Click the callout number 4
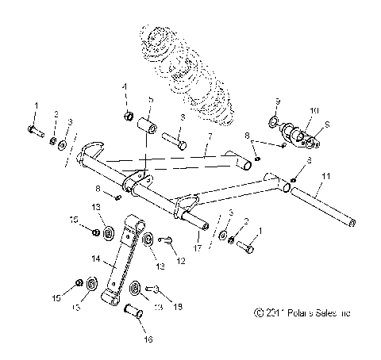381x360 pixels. pyautogui.click(x=124, y=86)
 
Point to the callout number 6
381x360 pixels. pyautogui.click(x=181, y=117)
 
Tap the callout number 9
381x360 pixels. pyautogui.click(x=279, y=101)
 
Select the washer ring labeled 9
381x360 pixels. pyautogui.click(x=274, y=123)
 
